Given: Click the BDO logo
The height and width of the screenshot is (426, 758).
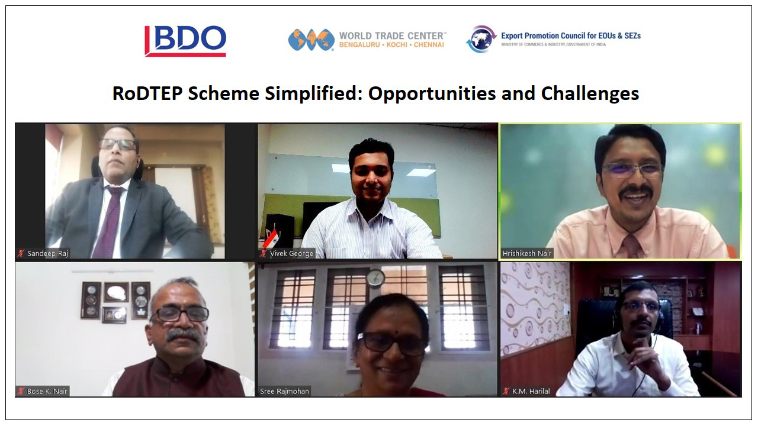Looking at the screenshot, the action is (x=185, y=41).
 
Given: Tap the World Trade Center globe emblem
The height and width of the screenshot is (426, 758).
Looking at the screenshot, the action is (x=311, y=40).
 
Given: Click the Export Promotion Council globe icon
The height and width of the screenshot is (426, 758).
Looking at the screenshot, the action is (x=481, y=39).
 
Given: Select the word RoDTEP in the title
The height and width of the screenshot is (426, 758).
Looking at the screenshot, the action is (x=147, y=93).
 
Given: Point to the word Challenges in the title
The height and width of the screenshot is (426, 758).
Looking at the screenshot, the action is (x=590, y=94).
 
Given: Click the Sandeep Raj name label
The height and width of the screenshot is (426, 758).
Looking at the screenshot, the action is (x=47, y=253).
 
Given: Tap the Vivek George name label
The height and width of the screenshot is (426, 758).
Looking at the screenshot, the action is (x=291, y=253).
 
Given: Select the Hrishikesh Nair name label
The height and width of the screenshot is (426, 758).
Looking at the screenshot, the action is (x=527, y=253).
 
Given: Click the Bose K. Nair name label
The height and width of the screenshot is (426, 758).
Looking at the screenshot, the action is (x=47, y=391).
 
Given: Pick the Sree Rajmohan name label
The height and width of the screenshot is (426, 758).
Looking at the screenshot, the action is (x=284, y=391).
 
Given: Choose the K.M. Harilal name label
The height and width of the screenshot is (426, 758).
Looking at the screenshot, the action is (x=531, y=391).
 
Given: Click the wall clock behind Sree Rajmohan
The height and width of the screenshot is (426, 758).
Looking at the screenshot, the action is (x=375, y=278).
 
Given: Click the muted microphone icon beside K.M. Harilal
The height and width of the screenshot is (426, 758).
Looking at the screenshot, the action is (x=506, y=391).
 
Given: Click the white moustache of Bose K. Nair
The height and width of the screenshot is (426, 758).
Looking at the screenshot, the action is (x=183, y=335).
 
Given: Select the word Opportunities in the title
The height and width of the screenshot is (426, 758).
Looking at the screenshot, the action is (x=432, y=94).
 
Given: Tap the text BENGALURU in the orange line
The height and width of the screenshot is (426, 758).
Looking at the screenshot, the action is (x=359, y=44).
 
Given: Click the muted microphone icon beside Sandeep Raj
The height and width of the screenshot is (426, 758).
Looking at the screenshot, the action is (x=21, y=253).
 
